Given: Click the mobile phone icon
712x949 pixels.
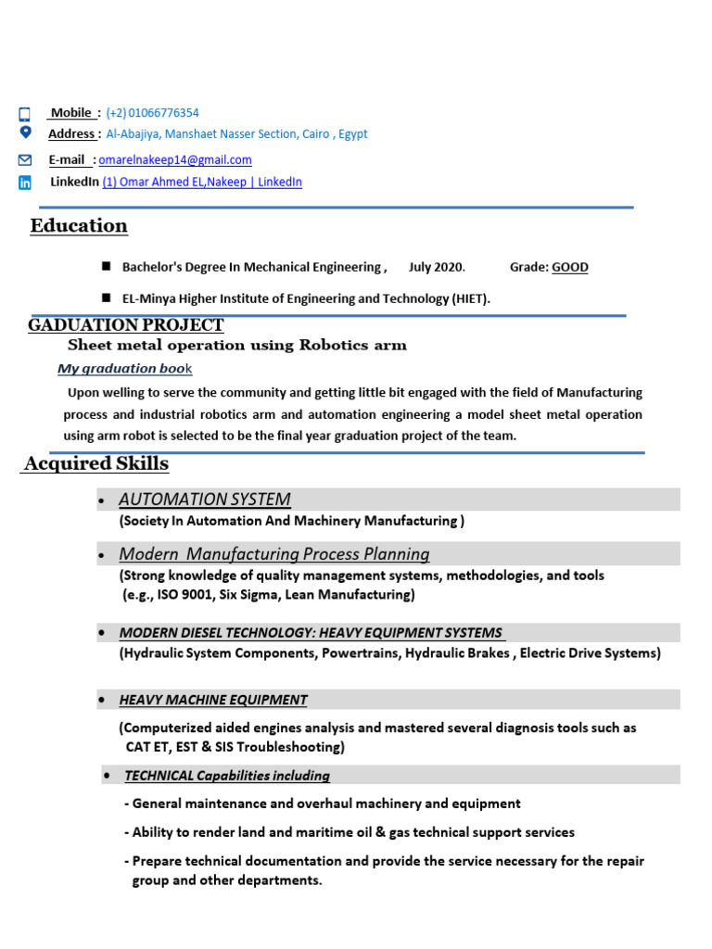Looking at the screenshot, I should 25,115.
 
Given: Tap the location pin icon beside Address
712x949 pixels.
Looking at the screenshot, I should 25,133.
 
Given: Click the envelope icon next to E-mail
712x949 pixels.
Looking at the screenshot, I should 25,160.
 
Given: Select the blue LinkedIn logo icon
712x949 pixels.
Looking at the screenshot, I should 25,183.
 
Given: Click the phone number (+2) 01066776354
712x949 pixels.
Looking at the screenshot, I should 152,113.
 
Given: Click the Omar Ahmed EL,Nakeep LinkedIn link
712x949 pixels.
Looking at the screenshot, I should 202,183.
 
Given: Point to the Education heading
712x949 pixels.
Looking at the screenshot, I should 79,226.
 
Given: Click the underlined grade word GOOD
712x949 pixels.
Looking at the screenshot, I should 570,268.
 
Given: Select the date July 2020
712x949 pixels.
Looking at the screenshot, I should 436,268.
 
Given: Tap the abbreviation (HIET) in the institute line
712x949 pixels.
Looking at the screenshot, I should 470,298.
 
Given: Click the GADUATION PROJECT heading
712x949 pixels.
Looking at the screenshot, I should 126,325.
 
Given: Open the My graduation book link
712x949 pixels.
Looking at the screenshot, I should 124,369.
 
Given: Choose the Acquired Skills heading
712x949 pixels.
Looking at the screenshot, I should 96,463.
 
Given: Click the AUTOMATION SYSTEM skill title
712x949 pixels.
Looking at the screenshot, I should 205,500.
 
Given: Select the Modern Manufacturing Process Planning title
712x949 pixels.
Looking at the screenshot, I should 274,554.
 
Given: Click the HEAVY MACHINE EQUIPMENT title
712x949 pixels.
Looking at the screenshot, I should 213,700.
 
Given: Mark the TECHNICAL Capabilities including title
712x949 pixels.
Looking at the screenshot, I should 227,776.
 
